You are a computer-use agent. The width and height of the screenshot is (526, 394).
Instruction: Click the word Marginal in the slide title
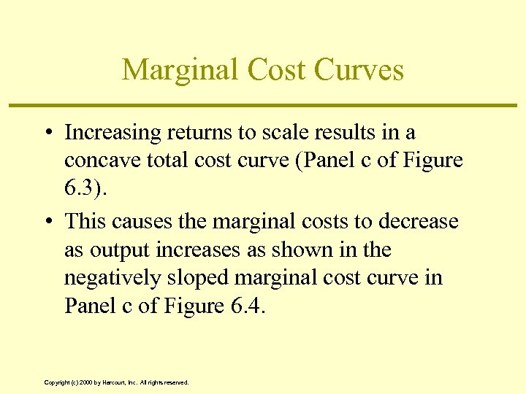tap(180, 70)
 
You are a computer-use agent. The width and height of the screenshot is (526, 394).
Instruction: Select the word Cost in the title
tap(278, 70)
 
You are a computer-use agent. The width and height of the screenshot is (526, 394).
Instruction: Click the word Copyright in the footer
tap(57, 382)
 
